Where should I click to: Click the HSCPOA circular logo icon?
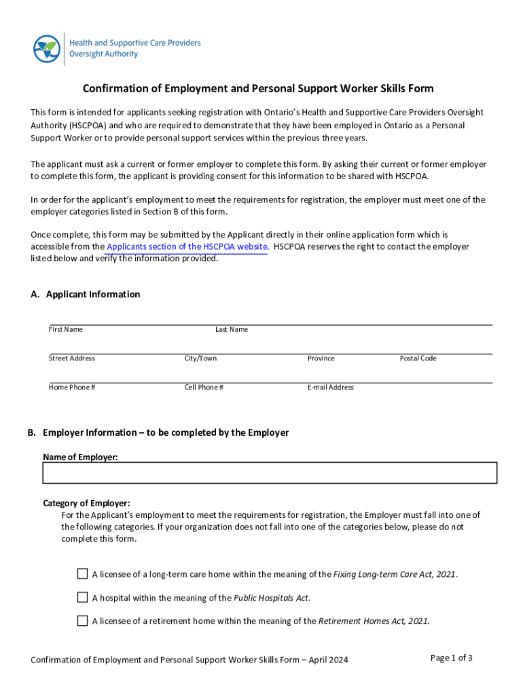click(x=47, y=48)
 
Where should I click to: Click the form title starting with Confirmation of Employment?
click(x=258, y=89)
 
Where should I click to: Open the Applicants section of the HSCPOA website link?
click(x=187, y=246)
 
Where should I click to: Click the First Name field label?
click(x=65, y=329)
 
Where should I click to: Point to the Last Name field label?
click(x=232, y=329)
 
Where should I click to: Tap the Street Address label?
click(x=71, y=358)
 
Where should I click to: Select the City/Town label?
click(x=200, y=358)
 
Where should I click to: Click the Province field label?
click(x=321, y=358)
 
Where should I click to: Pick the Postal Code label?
click(x=418, y=358)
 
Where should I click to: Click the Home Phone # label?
click(x=71, y=388)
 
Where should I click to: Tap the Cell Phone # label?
click(x=204, y=388)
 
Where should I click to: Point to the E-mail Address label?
click(x=330, y=388)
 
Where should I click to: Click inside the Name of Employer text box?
click(x=270, y=473)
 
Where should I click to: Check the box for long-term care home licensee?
click(x=82, y=574)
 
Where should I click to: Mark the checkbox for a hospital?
click(x=82, y=597)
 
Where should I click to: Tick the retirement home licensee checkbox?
click(x=82, y=620)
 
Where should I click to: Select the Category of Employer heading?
click(x=86, y=503)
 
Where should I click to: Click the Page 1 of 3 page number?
click(x=452, y=658)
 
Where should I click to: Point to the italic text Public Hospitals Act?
click(x=271, y=598)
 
